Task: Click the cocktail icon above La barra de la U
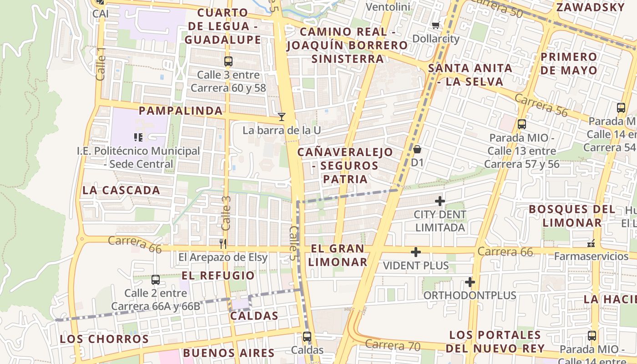(282, 117)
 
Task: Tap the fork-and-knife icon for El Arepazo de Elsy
(223, 244)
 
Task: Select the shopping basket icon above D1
(417, 149)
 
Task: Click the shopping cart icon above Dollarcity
(436, 25)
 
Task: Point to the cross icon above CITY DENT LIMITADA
(440, 201)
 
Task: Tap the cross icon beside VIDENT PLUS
(415, 252)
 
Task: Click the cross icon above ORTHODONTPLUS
(470, 282)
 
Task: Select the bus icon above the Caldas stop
(307, 337)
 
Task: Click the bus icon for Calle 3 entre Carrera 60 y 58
(228, 61)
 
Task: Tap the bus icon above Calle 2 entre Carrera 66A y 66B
(156, 279)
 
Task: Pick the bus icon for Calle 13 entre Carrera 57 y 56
(522, 124)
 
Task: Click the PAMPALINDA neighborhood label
(181, 111)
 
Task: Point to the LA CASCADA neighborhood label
(121, 190)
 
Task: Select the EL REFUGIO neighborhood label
(218, 276)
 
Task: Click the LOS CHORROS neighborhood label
(104, 339)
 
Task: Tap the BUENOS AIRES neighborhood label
(228, 353)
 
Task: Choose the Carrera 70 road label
(392, 345)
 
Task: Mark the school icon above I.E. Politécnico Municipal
(138, 137)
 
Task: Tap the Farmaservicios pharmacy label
(591, 257)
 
